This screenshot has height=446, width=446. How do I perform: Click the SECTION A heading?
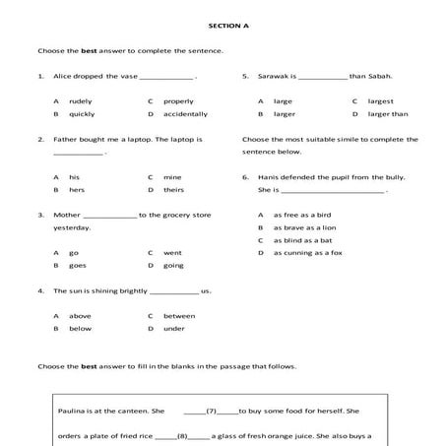tap(224, 25)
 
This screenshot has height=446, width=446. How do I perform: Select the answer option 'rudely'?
tap(80, 101)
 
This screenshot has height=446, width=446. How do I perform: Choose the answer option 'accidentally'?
tap(185, 114)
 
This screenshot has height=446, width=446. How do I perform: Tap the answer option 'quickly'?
tap(82, 114)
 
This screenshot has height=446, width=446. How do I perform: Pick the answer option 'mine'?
tap(172, 177)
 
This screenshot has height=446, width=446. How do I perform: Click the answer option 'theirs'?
tap(173, 190)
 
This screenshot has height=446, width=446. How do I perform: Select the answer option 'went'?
tap(172, 253)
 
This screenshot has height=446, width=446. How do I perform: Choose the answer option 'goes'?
tap(78, 266)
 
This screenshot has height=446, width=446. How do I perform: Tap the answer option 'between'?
tap(179, 316)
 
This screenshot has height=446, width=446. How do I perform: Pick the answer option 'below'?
tap(80, 329)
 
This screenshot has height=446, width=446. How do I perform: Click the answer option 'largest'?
tap(381, 101)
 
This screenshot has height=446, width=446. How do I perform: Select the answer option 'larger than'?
tap(387, 114)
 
